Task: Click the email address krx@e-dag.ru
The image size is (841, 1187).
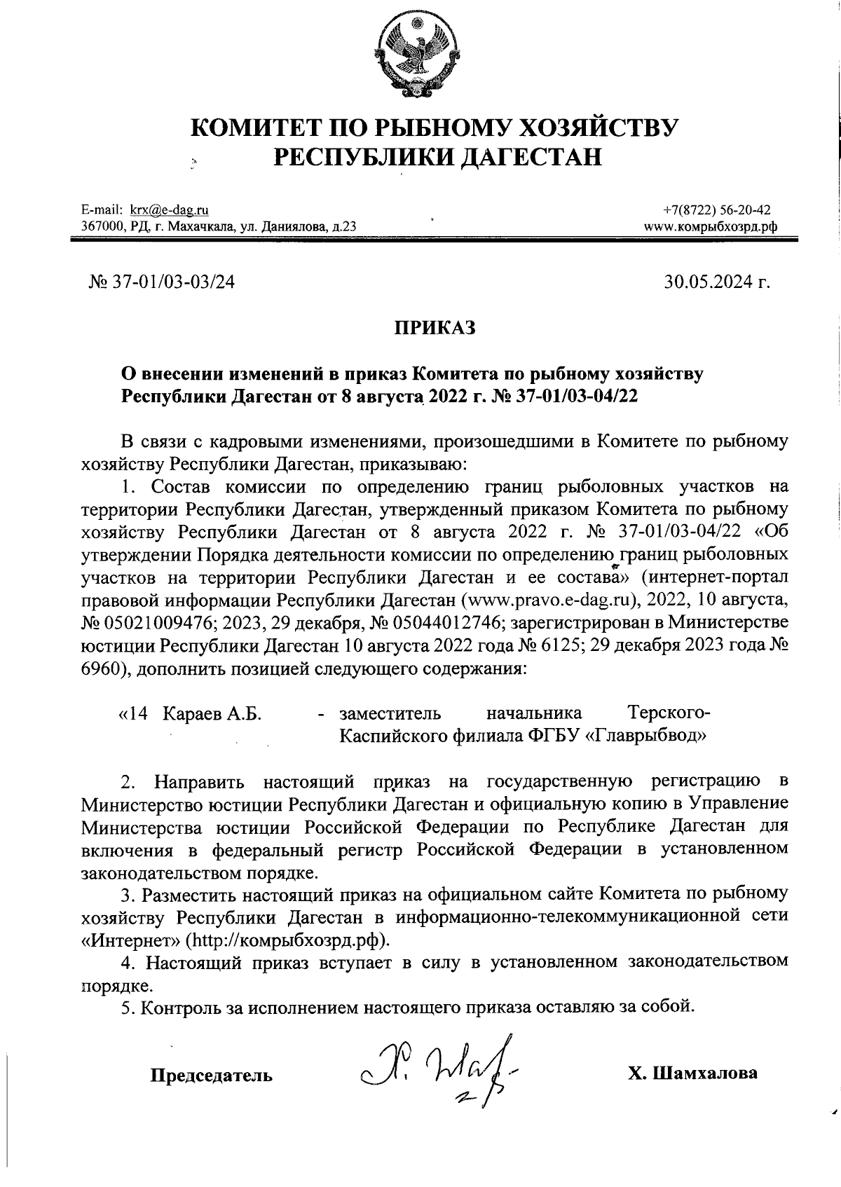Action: [x=170, y=210]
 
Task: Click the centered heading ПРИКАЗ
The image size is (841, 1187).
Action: [x=434, y=327]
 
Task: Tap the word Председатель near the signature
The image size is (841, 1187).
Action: [x=212, y=1074]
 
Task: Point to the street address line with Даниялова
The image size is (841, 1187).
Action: [x=219, y=226]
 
